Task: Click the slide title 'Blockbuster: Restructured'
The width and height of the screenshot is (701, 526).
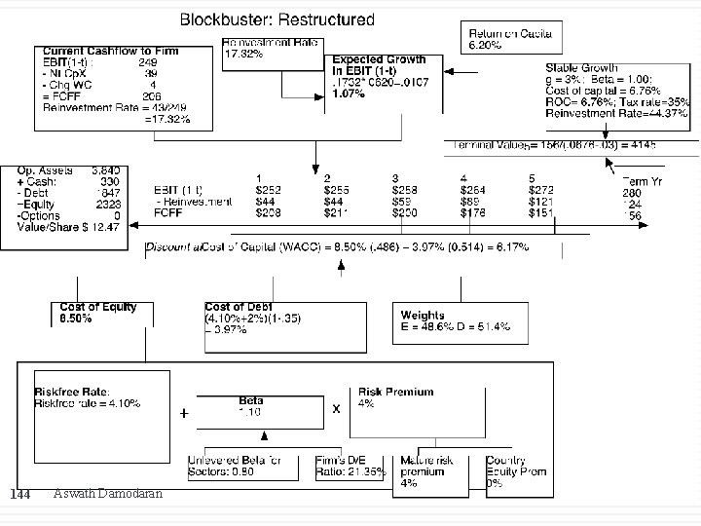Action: [277, 19]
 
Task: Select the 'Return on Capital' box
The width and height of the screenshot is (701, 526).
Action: [510, 39]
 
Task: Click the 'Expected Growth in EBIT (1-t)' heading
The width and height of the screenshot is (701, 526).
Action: [380, 65]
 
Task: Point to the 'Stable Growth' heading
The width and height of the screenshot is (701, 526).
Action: [582, 68]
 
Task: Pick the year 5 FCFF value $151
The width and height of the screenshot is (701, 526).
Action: [541, 212]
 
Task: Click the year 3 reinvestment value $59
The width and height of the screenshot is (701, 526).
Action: [404, 202]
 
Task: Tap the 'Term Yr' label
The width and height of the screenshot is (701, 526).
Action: [642, 181]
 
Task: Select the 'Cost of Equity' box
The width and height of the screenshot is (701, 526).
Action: [98, 313]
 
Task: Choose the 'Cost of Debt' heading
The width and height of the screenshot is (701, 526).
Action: [239, 307]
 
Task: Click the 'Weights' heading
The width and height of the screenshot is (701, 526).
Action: [423, 315]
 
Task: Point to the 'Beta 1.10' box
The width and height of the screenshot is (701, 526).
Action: [251, 406]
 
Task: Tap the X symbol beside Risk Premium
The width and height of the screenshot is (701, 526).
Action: [337, 409]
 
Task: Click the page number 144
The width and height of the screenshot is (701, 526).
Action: [19, 496]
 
